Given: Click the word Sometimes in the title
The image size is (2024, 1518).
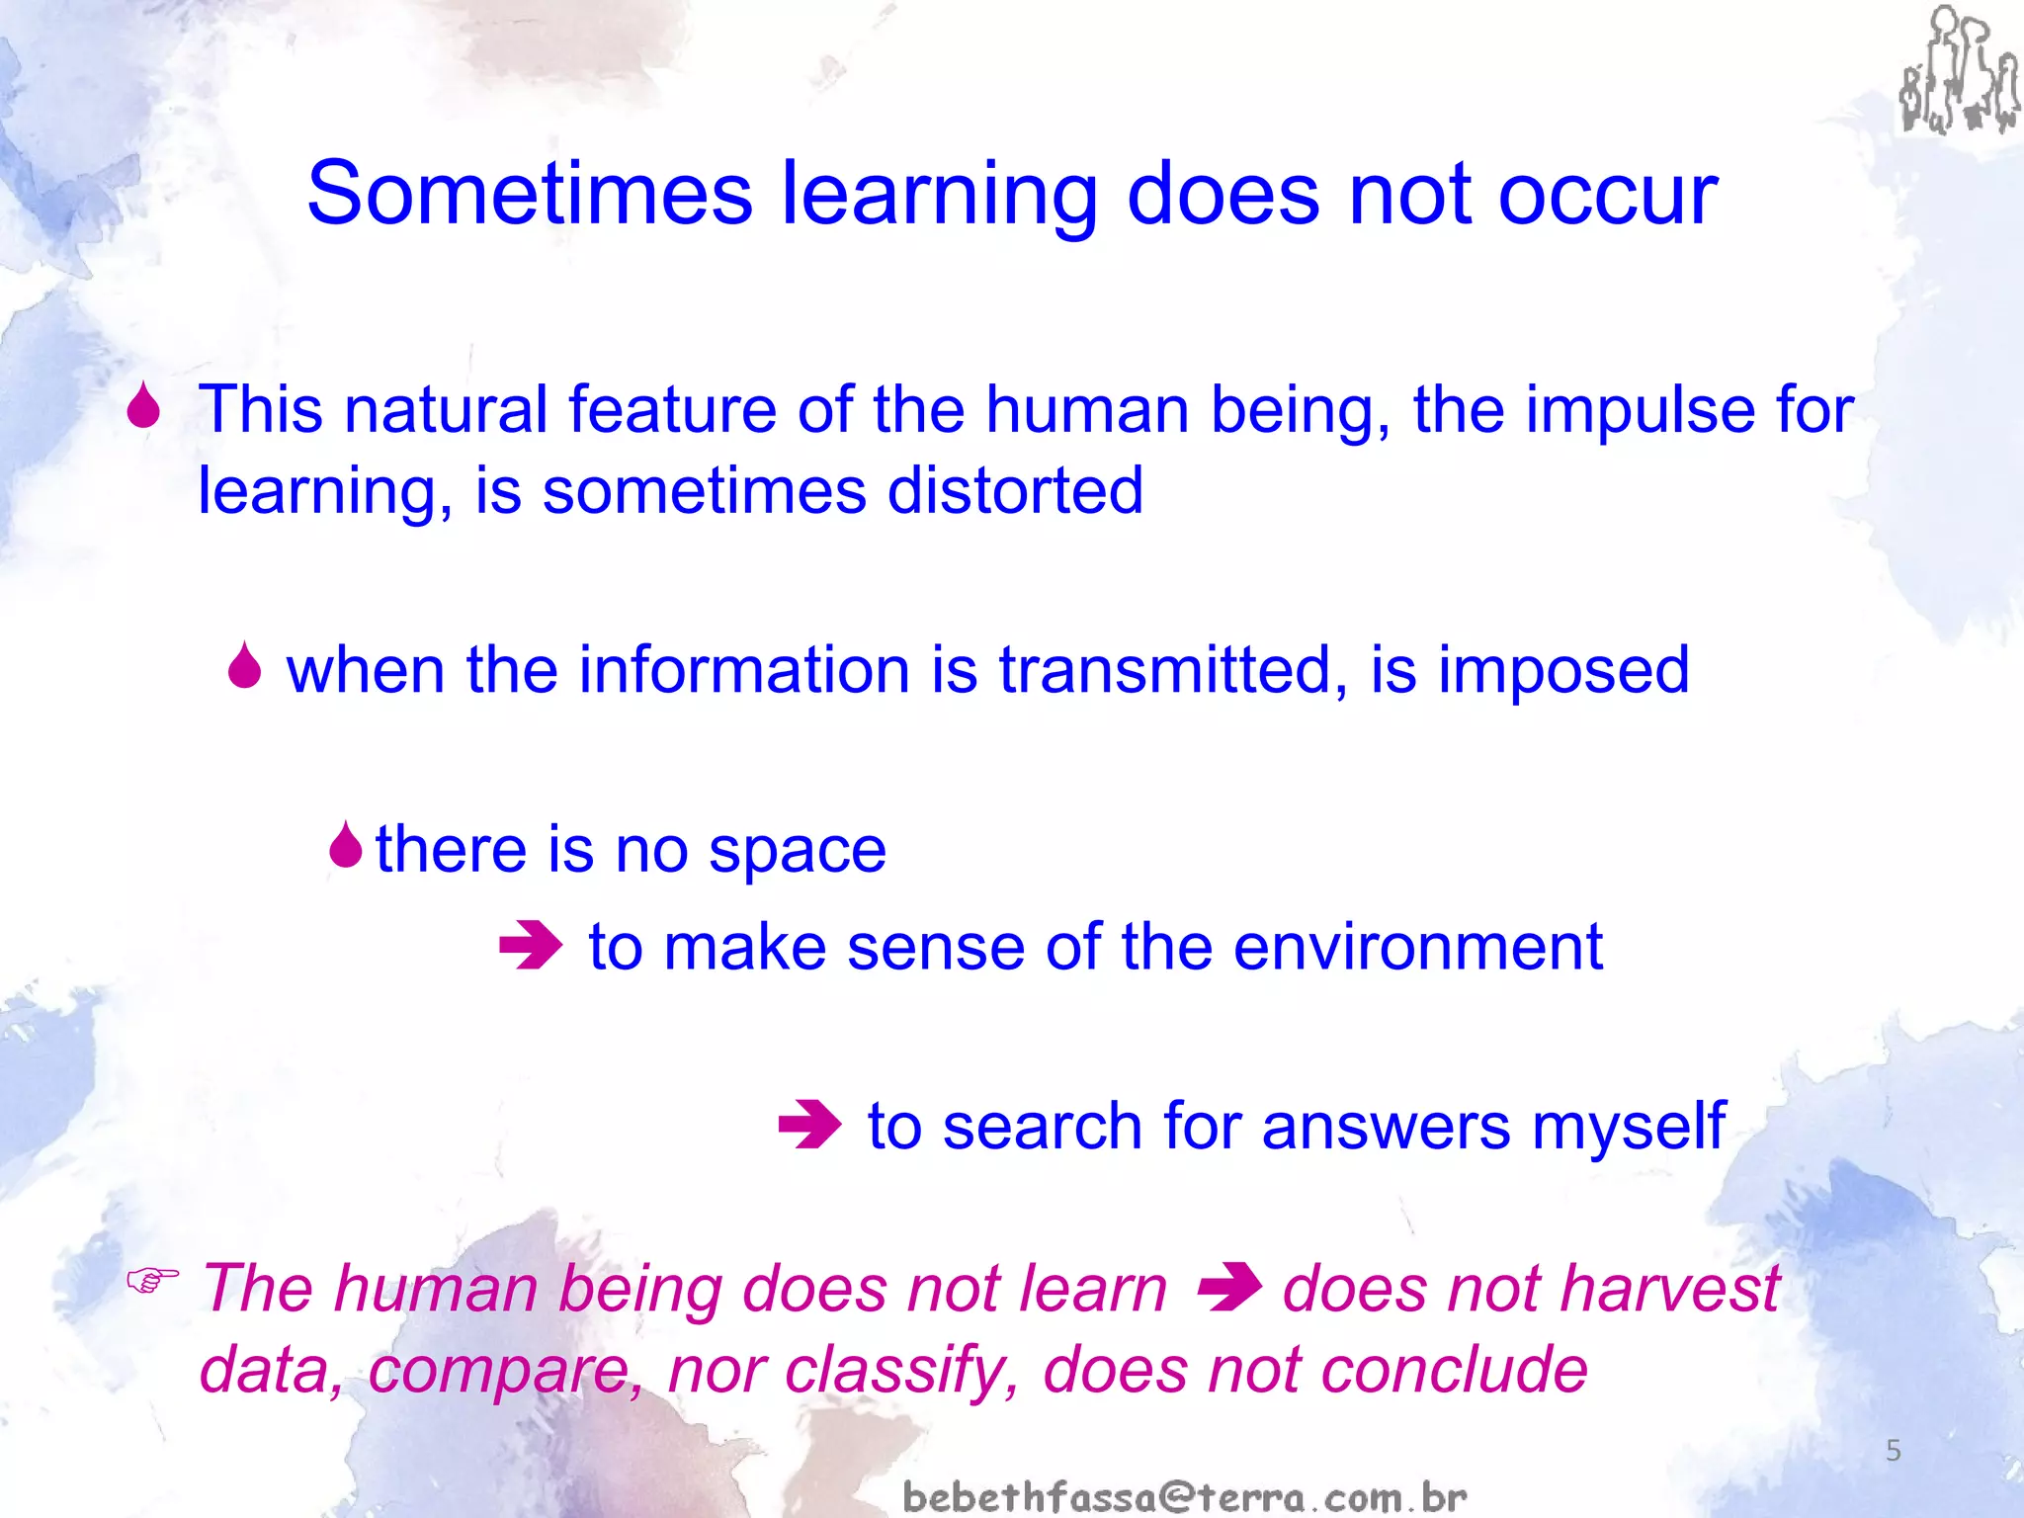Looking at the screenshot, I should [530, 194].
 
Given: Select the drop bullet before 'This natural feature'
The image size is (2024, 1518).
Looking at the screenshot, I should [144, 406].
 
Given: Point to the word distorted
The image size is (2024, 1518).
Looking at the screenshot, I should [1015, 490].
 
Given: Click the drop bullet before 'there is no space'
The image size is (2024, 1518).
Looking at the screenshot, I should [346, 845].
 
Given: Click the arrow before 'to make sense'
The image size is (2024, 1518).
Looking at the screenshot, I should [531, 945].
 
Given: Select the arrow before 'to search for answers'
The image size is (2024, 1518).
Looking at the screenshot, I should [809, 1125].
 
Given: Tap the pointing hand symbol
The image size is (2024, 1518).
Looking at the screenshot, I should [153, 1281].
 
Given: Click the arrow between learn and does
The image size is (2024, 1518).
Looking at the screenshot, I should [1228, 1288].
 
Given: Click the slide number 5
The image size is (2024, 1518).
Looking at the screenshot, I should [1894, 1451].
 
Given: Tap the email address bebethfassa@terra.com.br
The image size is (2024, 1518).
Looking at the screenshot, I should [1185, 1496].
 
